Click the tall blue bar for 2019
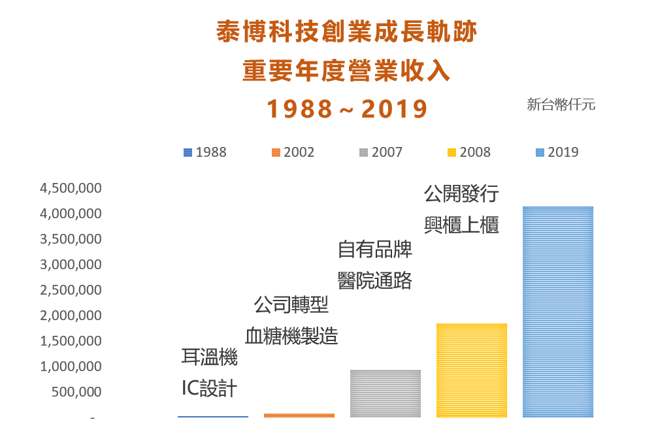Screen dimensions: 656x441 tap(558, 312)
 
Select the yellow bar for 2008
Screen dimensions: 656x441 tap(472, 370)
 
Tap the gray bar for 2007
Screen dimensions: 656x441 tap(385, 393)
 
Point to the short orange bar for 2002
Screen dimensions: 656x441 tap(299, 416)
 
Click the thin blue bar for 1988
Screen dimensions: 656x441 tap(213, 417)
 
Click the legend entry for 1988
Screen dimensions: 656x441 tap(205, 152)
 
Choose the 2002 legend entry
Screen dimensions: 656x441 tap(293, 152)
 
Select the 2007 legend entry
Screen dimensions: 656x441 tap(381, 152)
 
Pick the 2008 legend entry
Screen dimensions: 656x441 tap(469, 152)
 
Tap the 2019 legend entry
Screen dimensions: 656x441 tap(557, 152)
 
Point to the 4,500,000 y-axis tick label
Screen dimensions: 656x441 tap(71, 188)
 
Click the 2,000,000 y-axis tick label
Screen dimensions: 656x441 tap(71, 316)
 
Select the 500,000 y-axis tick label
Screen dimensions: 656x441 tap(76, 392)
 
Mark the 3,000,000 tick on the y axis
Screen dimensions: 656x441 tap(71, 265)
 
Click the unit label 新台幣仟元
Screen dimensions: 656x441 tap(561, 105)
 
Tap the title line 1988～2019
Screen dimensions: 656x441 tap(347, 109)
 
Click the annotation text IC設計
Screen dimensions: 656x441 tap(209, 388)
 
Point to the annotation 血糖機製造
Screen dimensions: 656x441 tap(291, 336)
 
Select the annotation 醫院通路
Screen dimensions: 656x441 tap(375, 280)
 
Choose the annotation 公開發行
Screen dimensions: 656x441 tap(461, 194)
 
